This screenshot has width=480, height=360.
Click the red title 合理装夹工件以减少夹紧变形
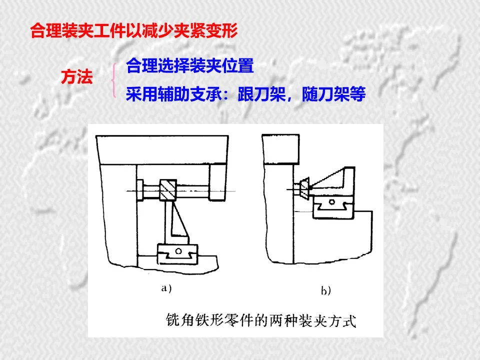click(x=134, y=30)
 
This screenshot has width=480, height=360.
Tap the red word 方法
click(x=77, y=76)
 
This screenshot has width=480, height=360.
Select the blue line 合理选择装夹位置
click(x=190, y=65)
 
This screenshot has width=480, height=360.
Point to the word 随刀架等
click(x=333, y=94)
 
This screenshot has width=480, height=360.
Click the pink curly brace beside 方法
click(x=114, y=80)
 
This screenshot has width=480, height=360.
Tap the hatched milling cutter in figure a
click(x=168, y=190)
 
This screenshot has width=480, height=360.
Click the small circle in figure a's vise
click(x=178, y=251)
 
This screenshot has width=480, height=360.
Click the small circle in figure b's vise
click(x=331, y=202)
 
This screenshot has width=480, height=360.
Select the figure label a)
click(x=166, y=288)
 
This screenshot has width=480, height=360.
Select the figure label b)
click(x=325, y=290)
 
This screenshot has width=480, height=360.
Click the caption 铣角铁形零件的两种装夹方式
click(x=261, y=320)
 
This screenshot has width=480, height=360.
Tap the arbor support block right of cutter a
click(x=217, y=182)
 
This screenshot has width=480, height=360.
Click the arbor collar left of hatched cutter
click(x=140, y=190)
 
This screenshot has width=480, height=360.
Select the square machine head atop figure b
click(x=280, y=149)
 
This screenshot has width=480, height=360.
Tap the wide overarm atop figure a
click(x=162, y=150)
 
